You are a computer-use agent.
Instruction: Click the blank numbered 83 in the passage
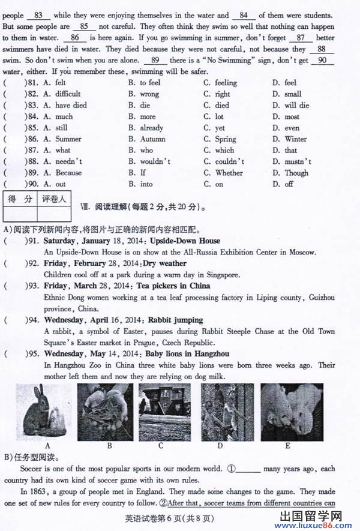pyautogui.click(x=38, y=15)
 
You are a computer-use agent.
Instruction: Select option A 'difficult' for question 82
pyautogui.click(x=67, y=94)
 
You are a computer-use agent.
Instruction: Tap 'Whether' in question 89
pyautogui.click(x=229, y=173)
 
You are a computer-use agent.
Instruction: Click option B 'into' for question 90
pyautogui.click(x=146, y=184)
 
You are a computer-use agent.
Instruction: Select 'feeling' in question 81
pyautogui.click(x=226, y=83)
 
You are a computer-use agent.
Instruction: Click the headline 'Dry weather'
pyautogui.click(x=164, y=263)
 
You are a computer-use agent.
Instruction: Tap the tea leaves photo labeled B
pyautogui.click(x=106, y=412)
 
